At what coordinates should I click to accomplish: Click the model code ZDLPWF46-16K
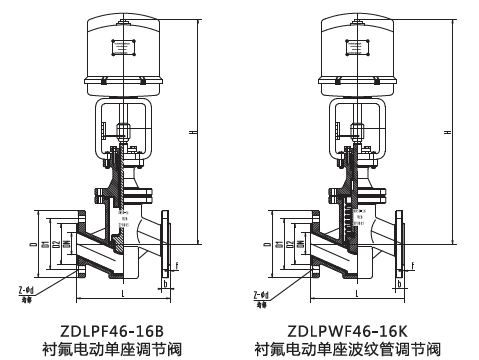coord(351,328)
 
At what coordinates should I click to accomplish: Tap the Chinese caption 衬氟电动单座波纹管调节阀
coord(351,348)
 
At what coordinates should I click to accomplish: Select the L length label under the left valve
coord(121,296)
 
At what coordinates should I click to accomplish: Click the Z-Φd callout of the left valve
coord(30,291)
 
